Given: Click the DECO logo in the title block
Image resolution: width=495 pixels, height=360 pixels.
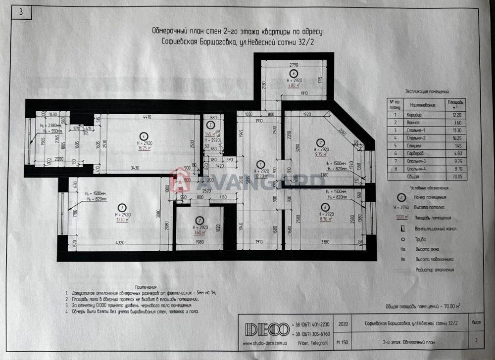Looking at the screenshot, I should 267,329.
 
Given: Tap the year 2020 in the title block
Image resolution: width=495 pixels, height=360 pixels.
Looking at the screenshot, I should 343,322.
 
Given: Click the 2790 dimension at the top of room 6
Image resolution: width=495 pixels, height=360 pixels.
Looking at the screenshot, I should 294,65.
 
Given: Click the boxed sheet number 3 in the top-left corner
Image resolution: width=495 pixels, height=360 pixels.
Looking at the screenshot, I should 21,13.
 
